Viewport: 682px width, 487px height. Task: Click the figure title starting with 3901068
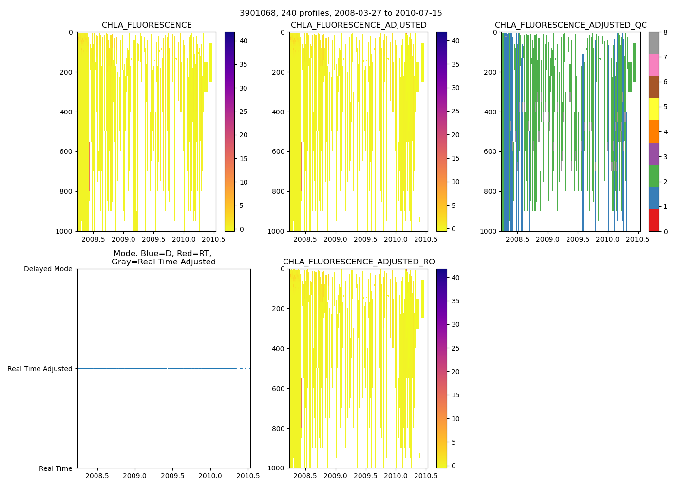[341, 13]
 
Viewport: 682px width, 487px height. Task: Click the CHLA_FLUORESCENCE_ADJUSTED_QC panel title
[570, 25]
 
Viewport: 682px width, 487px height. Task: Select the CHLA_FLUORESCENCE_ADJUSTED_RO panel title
[359, 262]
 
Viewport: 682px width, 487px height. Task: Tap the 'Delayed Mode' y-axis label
[48, 269]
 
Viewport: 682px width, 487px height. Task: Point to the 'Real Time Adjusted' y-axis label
[39, 369]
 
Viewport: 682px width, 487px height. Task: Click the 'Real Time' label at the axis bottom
[56, 468]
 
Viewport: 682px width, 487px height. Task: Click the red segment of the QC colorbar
[654, 220]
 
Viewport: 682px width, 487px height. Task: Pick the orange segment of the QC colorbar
[654, 131]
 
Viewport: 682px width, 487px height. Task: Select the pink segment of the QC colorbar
[654, 65]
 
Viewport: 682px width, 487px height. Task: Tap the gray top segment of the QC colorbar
[654, 43]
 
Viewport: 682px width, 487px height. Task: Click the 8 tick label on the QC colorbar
[665, 32]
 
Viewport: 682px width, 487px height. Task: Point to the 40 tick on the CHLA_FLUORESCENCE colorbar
[244, 41]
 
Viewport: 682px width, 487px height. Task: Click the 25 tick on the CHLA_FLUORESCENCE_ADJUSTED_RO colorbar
[455, 348]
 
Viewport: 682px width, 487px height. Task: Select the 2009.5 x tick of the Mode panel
[172, 476]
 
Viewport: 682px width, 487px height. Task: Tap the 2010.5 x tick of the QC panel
[638, 239]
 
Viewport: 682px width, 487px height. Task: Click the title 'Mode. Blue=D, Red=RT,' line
[162, 254]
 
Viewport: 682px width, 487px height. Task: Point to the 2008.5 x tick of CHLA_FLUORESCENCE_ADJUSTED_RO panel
[305, 476]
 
